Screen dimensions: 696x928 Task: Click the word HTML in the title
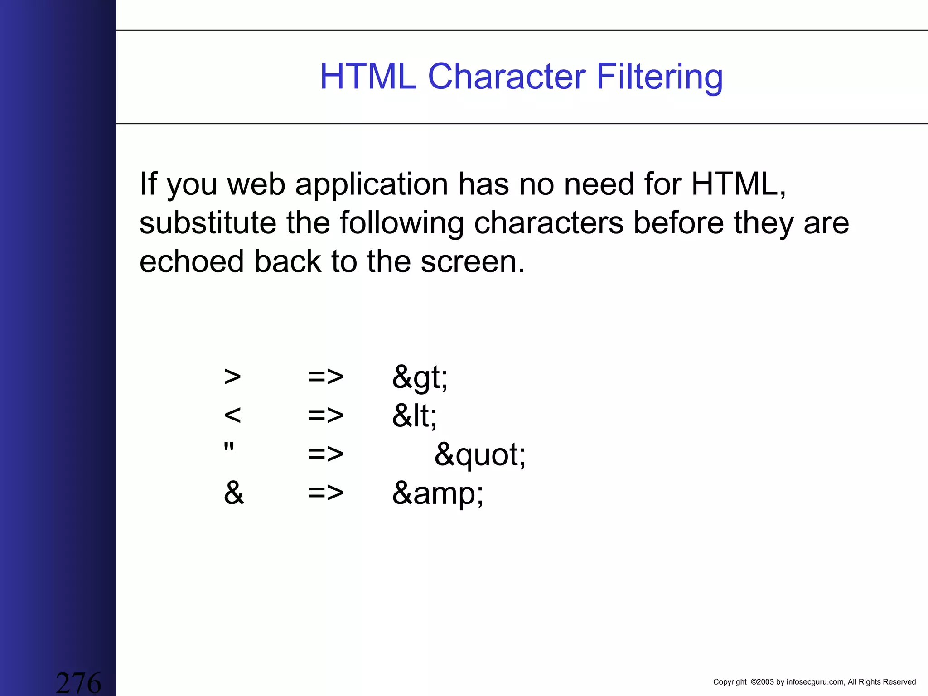pos(368,76)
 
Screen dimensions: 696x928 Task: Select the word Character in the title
pos(507,76)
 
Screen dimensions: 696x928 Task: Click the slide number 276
pos(78,682)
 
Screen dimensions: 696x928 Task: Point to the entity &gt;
pos(420,377)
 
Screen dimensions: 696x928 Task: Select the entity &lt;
pos(414,416)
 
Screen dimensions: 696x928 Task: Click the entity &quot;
pos(480,455)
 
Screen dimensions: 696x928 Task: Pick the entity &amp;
pos(437,493)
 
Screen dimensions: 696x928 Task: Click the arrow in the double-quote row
pos(326,454)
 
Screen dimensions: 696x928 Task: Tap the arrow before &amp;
pos(326,493)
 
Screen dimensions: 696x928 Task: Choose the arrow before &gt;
pos(326,377)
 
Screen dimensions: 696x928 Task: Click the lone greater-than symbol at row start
pos(232,377)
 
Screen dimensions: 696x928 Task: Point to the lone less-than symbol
pos(232,415)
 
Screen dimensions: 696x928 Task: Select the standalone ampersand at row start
pos(234,493)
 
